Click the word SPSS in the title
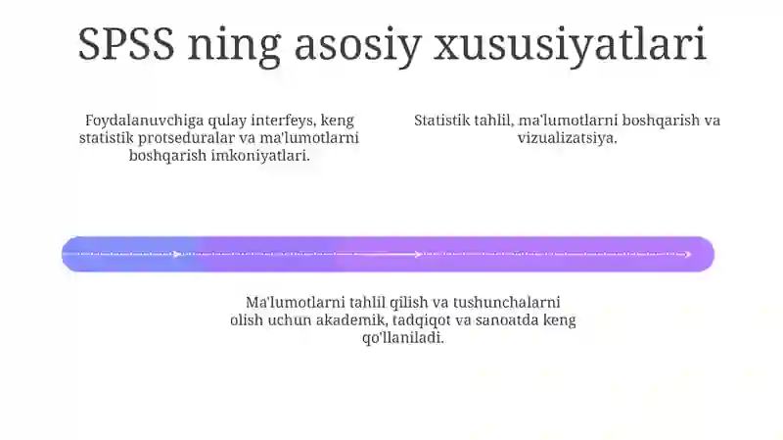point(124,44)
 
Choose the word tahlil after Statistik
point(496,122)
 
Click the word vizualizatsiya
point(568,138)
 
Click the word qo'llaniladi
point(403,337)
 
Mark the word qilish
point(415,302)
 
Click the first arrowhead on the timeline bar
point(177,255)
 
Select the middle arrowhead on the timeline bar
point(418,255)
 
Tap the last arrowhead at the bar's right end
point(689,255)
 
